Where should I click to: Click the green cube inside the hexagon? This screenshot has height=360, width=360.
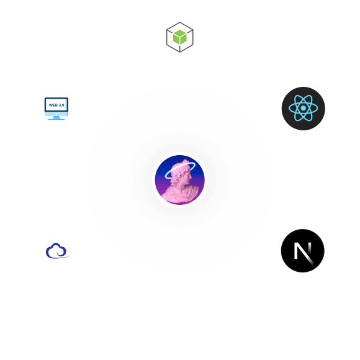(x=180, y=37)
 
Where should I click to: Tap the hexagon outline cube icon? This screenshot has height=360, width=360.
(x=180, y=37)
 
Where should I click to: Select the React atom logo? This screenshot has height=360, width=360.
(x=304, y=109)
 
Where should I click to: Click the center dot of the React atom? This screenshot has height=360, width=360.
(x=304, y=108)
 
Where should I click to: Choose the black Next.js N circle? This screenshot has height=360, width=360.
(x=303, y=251)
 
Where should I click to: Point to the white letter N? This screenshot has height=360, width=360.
(x=303, y=253)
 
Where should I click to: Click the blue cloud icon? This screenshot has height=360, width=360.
(x=57, y=251)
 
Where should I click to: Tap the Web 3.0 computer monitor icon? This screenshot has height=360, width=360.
(x=56, y=109)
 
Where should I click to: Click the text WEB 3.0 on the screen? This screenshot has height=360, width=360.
(x=56, y=105)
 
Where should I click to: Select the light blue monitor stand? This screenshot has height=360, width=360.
(x=56, y=118)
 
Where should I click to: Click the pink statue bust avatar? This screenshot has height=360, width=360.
(x=180, y=180)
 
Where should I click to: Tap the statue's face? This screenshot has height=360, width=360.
(x=188, y=176)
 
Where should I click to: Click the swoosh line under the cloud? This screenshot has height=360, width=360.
(x=60, y=258)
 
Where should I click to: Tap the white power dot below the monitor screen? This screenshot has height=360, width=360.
(x=56, y=114)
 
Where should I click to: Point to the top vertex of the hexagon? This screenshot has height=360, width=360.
(x=180, y=22)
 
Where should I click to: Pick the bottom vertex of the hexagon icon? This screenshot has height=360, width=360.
(x=180, y=52)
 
